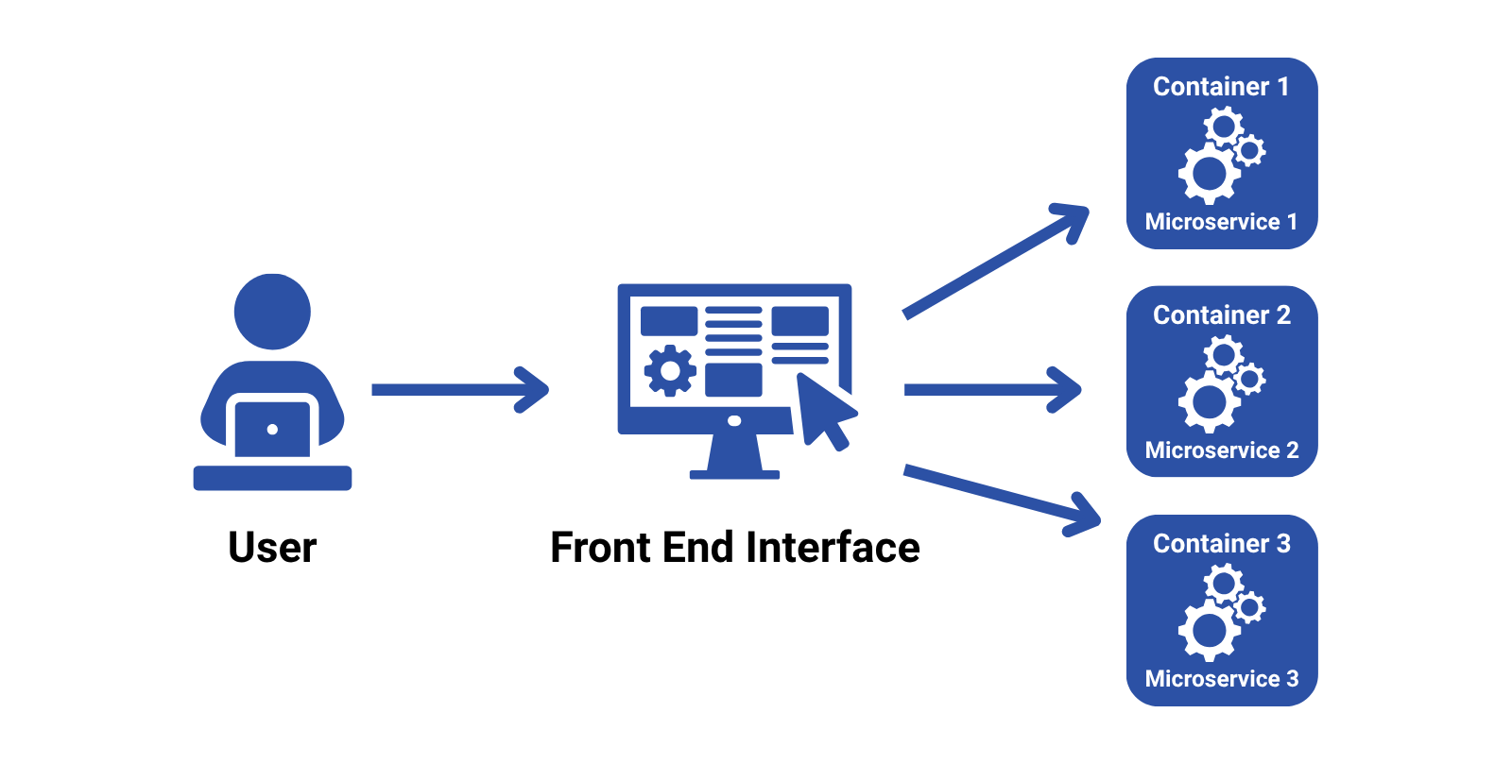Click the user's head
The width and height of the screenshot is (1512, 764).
(272, 312)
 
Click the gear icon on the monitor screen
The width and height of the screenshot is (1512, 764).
(670, 371)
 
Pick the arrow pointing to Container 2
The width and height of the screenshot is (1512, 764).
(991, 389)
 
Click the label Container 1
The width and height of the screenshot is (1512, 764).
(1221, 87)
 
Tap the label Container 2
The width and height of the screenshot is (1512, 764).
(1221, 315)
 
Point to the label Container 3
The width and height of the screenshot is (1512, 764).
(1221, 544)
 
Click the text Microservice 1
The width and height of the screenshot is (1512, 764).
(1221, 222)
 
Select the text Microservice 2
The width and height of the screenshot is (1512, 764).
(1221, 450)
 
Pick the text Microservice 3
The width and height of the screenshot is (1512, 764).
(1221, 679)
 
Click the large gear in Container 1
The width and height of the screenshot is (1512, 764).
(1208, 174)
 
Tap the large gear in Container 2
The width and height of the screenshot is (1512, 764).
(1208, 402)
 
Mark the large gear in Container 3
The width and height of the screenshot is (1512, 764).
(1208, 631)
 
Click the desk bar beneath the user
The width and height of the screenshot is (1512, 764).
(272, 478)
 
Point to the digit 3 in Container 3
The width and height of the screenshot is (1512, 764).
(1282, 544)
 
